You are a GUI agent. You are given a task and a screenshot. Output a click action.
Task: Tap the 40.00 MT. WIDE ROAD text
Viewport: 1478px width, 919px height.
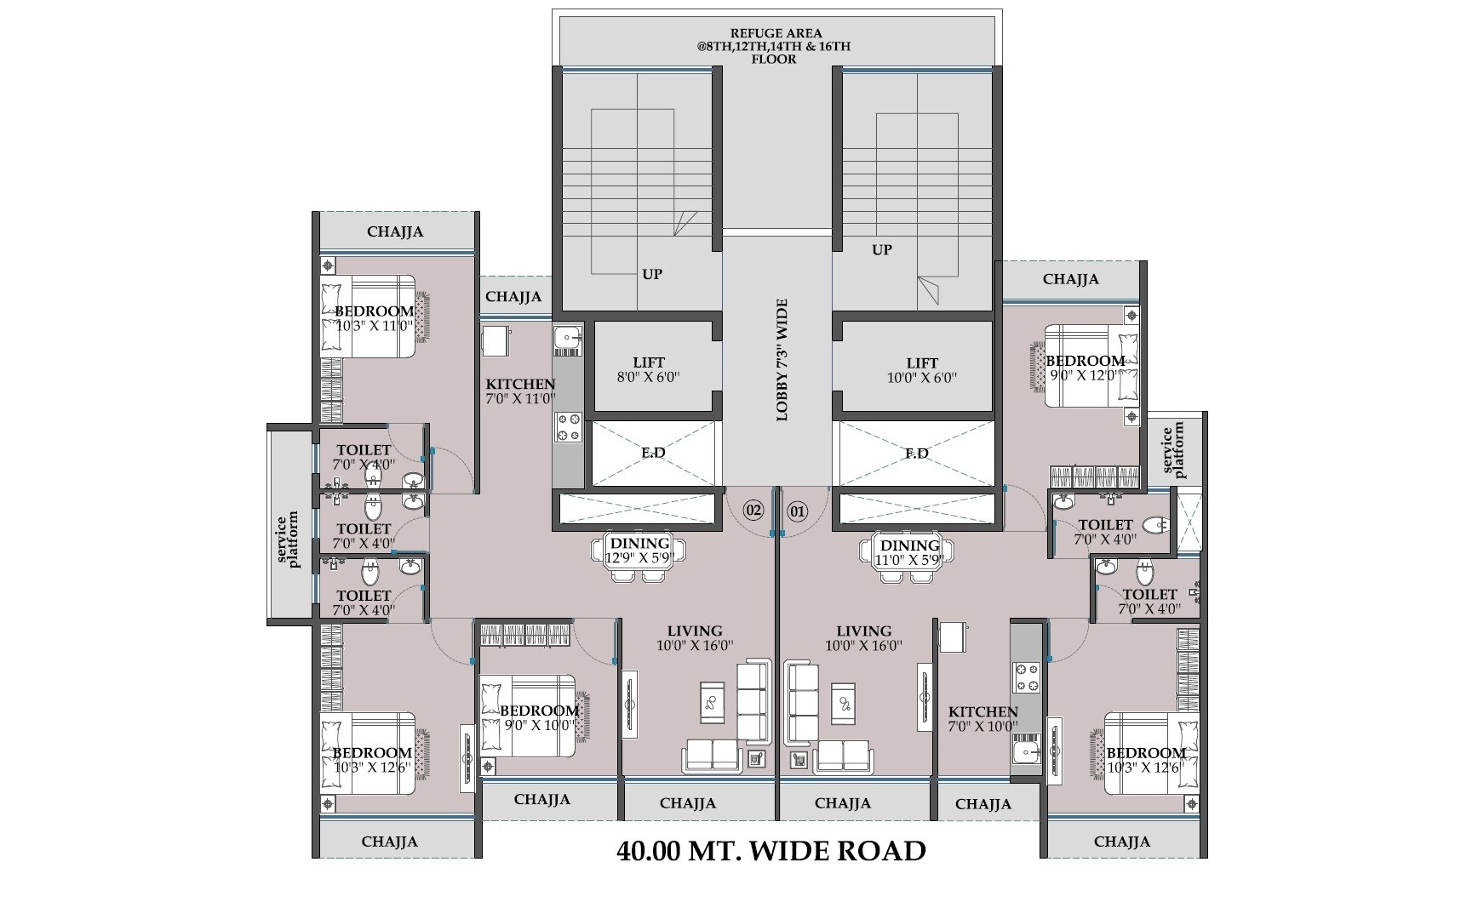tap(771, 850)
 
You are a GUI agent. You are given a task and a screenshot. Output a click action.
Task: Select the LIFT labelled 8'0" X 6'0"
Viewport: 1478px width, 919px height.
tap(649, 369)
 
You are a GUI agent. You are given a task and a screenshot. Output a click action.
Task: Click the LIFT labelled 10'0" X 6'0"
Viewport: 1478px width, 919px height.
tap(922, 369)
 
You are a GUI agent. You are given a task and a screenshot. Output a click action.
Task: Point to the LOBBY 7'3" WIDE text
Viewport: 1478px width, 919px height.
tap(782, 360)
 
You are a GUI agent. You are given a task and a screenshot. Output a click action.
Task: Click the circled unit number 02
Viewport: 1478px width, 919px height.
tap(753, 511)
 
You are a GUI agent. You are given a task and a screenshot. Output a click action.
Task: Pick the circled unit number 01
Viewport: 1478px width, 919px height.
tap(797, 511)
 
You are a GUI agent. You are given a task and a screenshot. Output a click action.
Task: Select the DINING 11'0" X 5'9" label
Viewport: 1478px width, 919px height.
tap(909, 552)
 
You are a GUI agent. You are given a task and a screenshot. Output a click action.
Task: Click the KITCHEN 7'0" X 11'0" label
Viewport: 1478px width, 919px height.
tap(520, 391)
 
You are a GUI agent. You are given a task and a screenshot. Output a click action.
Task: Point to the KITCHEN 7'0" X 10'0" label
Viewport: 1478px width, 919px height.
tap(983, 719)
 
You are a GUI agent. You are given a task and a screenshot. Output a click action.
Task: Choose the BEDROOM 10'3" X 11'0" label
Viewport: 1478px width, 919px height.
tap(374, 318)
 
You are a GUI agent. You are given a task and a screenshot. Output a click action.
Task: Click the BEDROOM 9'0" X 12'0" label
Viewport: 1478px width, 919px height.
tap(1085, 368)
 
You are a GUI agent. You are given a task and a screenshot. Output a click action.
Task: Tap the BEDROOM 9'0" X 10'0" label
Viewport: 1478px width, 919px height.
tap(539, 717)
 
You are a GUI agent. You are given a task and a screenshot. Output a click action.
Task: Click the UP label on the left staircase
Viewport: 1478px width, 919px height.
tap(652, 274)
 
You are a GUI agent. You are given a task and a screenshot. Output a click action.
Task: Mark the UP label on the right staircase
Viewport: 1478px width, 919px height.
tap(882, 249)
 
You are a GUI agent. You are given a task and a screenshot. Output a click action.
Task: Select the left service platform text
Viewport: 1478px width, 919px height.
tap(289, 539)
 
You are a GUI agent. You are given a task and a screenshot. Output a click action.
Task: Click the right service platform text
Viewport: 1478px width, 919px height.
tap(1174, 450)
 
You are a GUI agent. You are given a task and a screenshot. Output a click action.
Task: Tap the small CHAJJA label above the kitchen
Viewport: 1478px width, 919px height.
tap(513, 297)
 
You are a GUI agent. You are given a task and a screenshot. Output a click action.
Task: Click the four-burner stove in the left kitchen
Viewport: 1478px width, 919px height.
tap(568, 427)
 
